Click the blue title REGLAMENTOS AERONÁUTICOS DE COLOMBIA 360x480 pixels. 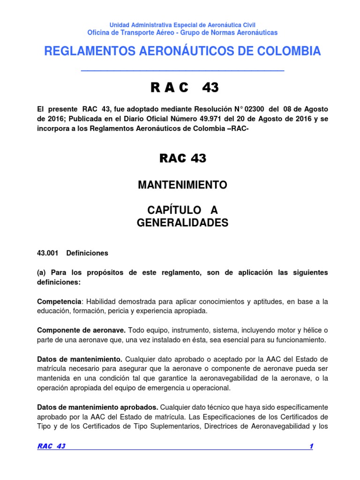click(x=182, y=52)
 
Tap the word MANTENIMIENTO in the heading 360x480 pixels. click(x=182, y=185)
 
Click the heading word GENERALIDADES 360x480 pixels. click(x=182, y=223)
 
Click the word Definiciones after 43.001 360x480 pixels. click(x=87, y=253)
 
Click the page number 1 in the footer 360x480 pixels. click(x=310, y=446)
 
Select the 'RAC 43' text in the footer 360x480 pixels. click(x=51, y=446)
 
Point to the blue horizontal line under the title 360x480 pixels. click(x=182, y=71)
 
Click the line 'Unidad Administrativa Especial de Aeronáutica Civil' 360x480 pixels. click(x=182, y=25)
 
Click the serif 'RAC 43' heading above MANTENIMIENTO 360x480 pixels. click(x=182, y=158)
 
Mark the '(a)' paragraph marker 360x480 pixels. click(x=42, y=272)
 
